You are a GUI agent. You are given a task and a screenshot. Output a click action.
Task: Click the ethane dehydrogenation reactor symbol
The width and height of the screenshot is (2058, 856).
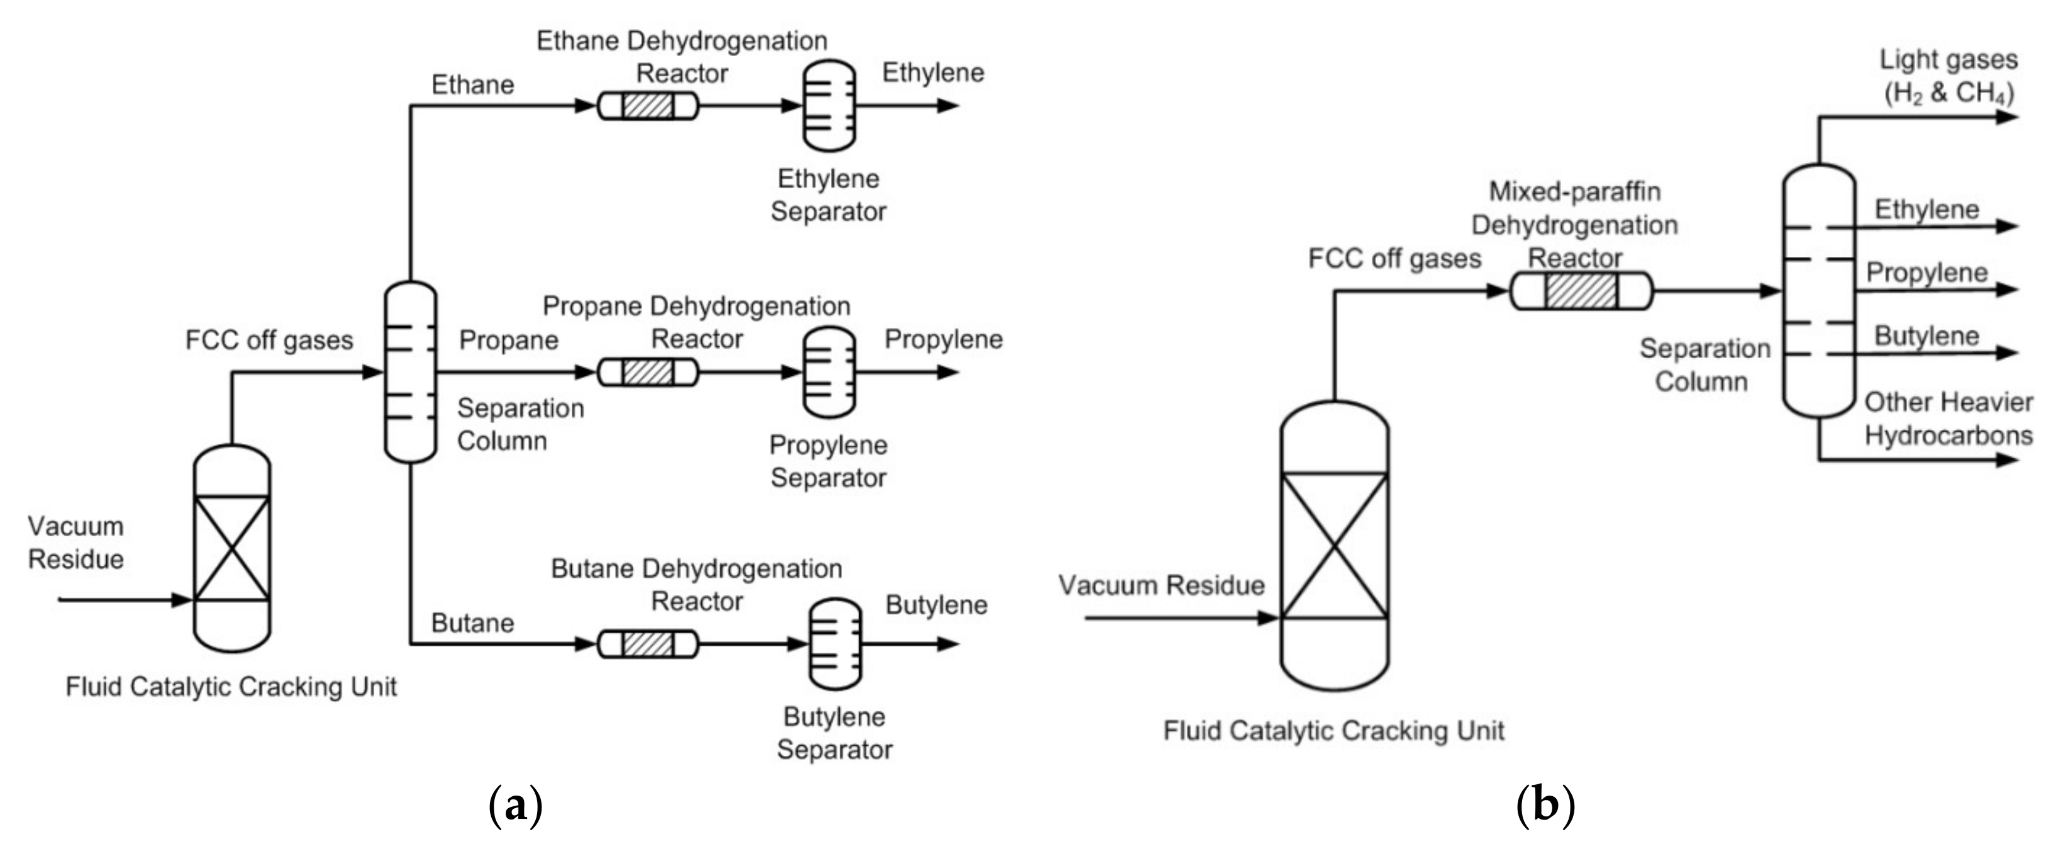point(648,106)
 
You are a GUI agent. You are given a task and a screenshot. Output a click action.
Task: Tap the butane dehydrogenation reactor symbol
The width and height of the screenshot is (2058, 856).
point(648,643)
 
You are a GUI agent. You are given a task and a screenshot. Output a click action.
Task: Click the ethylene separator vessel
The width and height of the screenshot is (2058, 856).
point(828,106)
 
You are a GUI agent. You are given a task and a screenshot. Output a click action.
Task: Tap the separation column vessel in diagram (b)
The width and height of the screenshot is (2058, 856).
point(1819,291)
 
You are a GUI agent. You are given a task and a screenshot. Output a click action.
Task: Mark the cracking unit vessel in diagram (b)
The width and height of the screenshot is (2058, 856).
point(1334,546)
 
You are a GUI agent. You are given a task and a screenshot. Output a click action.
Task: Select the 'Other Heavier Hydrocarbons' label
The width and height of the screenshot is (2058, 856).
point(1949,419)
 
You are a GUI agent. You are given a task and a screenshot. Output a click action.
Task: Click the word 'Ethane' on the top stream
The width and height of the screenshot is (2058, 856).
point(472,85)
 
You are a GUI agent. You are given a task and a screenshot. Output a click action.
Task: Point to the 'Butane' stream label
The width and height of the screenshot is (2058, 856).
point(472,622)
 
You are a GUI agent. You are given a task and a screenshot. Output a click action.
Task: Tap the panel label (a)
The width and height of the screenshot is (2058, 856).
point(515,806)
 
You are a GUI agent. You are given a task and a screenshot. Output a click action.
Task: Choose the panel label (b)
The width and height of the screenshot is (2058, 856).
point(1545,806)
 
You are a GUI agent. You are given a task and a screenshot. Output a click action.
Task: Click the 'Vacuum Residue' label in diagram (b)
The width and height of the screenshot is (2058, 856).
point(1162,585)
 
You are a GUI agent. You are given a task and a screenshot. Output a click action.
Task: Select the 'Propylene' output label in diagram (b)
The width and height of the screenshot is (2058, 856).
point(1926,273)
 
